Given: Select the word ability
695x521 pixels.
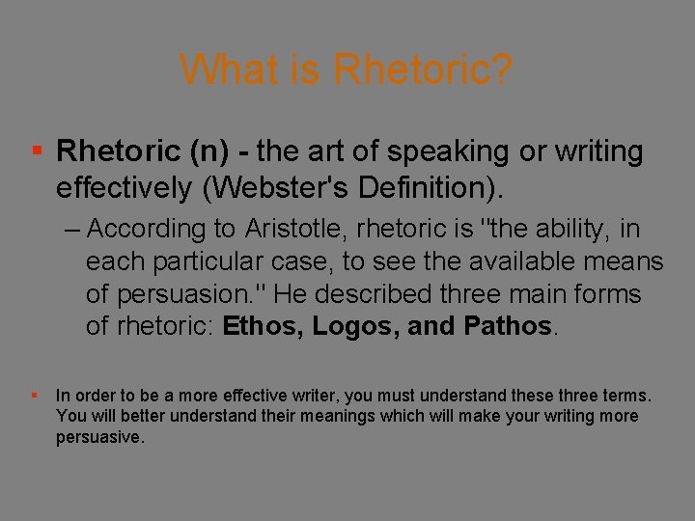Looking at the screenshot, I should point(566,230).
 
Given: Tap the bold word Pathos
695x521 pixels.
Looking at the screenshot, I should point(509,326).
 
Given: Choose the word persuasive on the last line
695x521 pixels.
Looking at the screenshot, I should point(99,437).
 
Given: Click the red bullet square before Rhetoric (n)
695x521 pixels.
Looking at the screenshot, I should point(36,151).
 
